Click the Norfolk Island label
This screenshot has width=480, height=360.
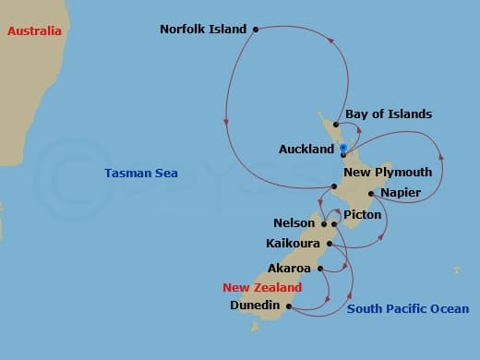tap(203, 29)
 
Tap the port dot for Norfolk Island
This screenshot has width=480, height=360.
tap(255, 29)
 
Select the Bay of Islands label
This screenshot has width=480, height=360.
tap(389, 114)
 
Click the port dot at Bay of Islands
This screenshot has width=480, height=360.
tap(336, 125)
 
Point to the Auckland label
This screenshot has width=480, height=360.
tap(306, 149)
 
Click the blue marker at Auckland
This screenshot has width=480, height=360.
tap(343, 148)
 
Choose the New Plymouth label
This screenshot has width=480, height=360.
tap(387, 172)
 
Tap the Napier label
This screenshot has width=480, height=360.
tap(401, 192)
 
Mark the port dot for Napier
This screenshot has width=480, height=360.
tap(371, 194)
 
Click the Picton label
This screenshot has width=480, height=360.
tap(362, 214)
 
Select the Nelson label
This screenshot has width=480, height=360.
tap(294, 223)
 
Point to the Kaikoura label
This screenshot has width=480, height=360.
tap(292, 245)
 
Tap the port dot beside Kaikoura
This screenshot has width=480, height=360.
tap(328, 245)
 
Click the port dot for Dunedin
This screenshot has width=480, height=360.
tap(289, 306)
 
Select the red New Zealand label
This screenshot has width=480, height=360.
tap(261, 287)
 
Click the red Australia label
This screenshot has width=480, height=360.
tap(34, 30)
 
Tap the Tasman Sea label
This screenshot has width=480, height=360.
tap(141, 173)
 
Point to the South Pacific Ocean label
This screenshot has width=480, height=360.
tap(407, 309)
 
